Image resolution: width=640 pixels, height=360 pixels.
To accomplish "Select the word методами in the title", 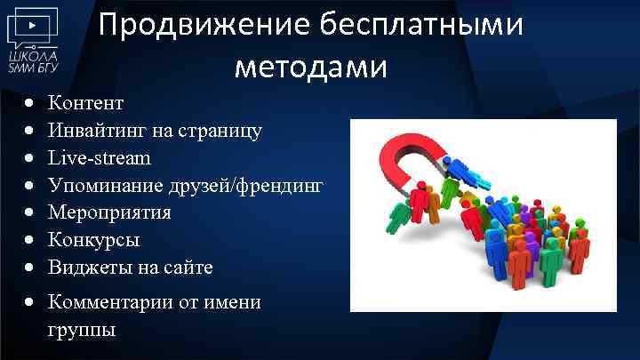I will [311, 67].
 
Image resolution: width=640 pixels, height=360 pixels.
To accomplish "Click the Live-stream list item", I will [100, 157].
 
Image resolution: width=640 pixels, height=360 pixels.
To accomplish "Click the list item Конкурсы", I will [93, 240].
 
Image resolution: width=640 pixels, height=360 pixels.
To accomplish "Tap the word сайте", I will [185, 267].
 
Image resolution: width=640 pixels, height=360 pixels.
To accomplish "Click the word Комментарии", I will [114, 303].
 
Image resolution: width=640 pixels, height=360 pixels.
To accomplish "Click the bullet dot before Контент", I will [31, 104].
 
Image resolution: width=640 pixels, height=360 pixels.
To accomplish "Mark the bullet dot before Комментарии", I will [31, 304].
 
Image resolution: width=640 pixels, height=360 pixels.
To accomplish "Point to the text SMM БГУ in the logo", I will [32, 66].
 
